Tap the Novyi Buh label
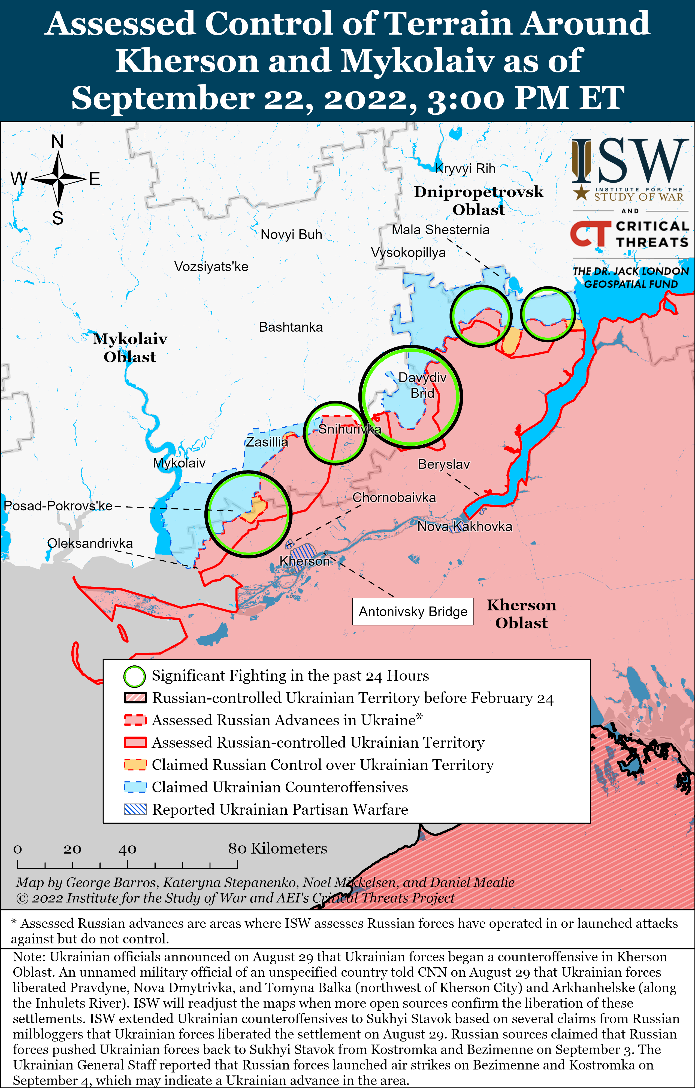point(291,234)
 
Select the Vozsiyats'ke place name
point(211,267)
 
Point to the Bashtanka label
point(291,327)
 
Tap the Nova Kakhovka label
point(464,526)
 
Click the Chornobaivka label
point(394,497)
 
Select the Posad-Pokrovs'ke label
point(58,506)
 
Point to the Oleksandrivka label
point(90,543)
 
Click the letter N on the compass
point(58,142)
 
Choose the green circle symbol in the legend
point(135,676)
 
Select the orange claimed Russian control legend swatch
point(135,765)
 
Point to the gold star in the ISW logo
point(581,193)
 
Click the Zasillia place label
point(267,442)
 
